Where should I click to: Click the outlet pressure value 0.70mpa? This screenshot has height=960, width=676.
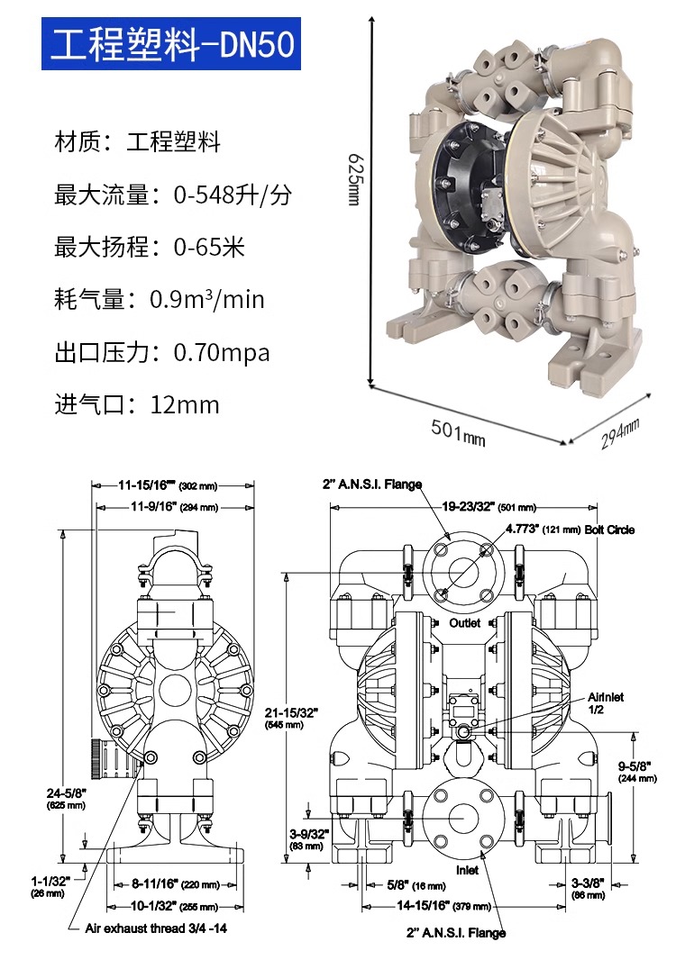click(222, 352)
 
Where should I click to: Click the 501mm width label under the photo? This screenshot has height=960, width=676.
click(458, 432)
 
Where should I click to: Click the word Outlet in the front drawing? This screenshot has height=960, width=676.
click(465, 623)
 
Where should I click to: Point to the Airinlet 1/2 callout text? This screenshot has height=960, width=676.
click(606, 703)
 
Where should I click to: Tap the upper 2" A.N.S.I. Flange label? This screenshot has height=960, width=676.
click(372, 485)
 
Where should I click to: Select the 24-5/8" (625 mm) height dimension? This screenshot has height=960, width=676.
click(65, 798)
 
